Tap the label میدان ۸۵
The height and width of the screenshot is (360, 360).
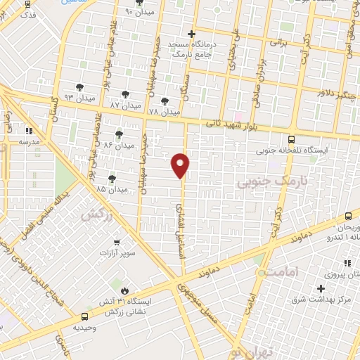point(112,189)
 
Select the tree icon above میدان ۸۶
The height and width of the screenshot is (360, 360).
point(119,133)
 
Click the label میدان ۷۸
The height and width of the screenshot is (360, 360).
point(165,112)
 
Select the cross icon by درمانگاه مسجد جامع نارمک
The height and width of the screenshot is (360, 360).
point(191,33)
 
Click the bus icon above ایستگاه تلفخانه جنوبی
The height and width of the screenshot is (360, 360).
point(291,139)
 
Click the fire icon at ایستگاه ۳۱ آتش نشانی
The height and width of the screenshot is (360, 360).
point(125,290)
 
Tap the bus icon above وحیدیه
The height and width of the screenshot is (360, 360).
point(85,317)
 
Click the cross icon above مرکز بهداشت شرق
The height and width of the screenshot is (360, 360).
point(321,288)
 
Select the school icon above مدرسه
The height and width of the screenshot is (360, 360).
point(29,131)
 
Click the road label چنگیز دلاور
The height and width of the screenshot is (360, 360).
point(337,90)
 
